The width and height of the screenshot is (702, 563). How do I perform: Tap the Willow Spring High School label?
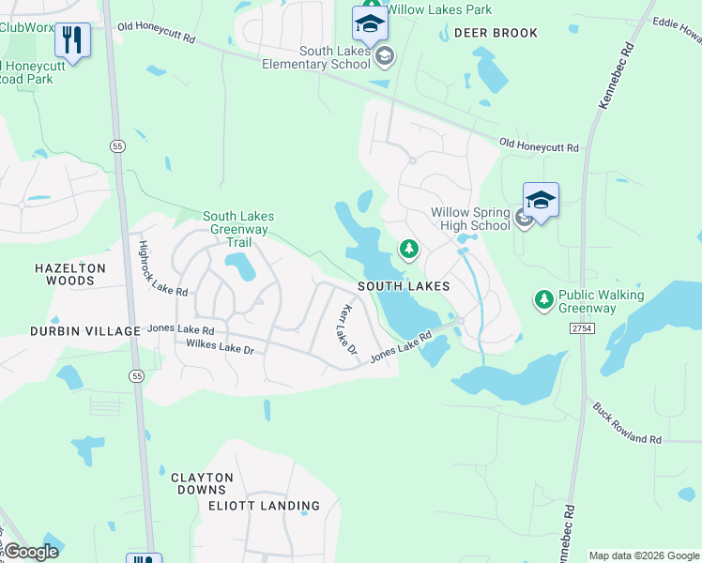click(x=470, y=219)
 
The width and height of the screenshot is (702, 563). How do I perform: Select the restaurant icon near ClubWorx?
click(x=72, y=39)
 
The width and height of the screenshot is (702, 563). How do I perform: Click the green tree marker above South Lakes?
click(x=408, y=249)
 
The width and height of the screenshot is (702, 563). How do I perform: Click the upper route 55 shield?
click(x=117, y=146)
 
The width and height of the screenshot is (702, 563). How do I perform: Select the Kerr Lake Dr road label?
click(x=348, y=329)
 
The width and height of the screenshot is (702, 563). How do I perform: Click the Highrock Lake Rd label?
click(x=162, y=269)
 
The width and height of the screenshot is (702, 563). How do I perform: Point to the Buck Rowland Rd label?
click(x=627, y=424)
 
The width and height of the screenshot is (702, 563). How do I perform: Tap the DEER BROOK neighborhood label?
click(x=496, y=33)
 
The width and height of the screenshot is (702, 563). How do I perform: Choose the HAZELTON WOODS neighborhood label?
click(x=70, y=274)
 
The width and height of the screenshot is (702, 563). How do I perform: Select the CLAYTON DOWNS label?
click(x=203, y=483)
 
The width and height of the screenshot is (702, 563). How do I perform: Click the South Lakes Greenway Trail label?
click(x=238, y=229)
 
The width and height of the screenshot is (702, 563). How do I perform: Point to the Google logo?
click(x=31, y=552)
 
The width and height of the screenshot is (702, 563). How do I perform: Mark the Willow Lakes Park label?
click(x=438, y=10)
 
